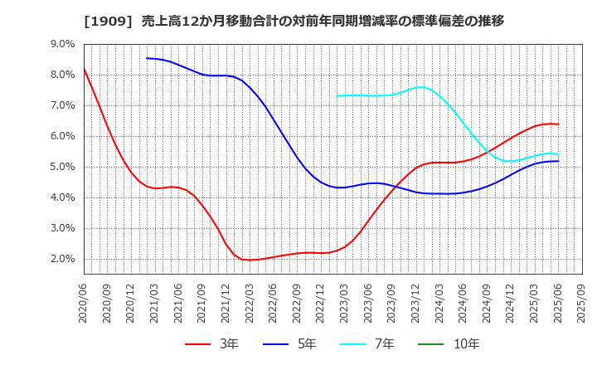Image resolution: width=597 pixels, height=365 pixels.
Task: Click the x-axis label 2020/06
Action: coord(84,303)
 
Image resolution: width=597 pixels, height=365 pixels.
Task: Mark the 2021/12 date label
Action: coord(226,303)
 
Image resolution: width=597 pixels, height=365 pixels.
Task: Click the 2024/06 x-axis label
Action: coord(464,303)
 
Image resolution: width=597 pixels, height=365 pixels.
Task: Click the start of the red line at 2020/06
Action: coord(84,68)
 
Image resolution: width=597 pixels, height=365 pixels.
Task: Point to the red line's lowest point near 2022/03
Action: coord(250,260)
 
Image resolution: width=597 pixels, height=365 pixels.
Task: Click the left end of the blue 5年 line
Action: coord(147,58)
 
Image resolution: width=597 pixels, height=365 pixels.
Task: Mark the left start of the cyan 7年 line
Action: coord(337,95)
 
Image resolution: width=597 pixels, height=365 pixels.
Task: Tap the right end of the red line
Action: coord(558,124)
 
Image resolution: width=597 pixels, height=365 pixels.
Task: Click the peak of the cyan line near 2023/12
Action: coord(421,86)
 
